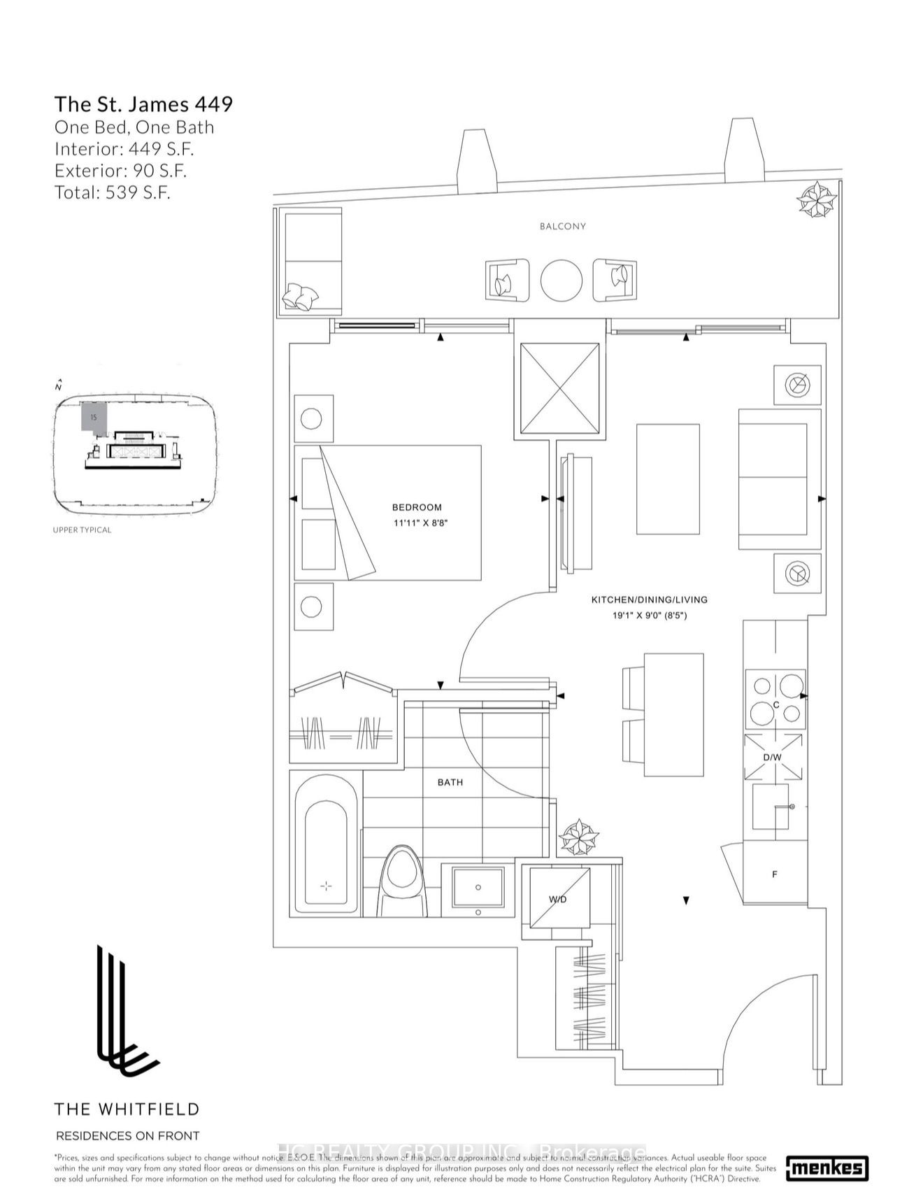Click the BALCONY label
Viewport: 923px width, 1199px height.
pyautogui.click(x=562, y=227)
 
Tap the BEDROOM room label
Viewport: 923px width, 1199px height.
pyautogui.click(x=417, y=507)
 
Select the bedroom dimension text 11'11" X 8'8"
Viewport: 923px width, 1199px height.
pyautogui.click(x=419, y=523)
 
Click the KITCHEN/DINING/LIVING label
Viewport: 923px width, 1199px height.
pyautogui.click(x=649, y=599)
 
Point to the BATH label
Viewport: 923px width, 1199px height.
pyautogui.click(x=450, y=782)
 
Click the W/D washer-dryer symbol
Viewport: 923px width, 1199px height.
pyautogui.click(x=559, y=898)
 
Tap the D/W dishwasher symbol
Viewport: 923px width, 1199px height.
pyautogui.click(x=772, y=757)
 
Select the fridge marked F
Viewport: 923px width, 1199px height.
pyautogui.click(x=774, y=874)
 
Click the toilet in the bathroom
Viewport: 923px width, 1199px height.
pyautogui.click(x=401, y=881)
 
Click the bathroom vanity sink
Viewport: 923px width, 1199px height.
pyautogui.click(x=478, y=888)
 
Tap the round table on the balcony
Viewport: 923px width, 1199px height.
pyautogui.click(x=561, y=281)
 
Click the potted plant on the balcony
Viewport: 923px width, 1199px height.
pyautogui.click(x=817, y=199)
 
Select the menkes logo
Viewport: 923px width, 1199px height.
pyautogui.click(x=827, y=1168)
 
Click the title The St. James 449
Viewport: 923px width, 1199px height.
pyautogui.click(x=143, y=104)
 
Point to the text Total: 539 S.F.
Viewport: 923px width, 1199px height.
pyautogui.click(x=112, y=192)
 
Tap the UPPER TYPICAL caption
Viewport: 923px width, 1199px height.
pyautogui.click(x=82, y=530)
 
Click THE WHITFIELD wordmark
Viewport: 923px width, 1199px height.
pyautogui.click(x=127, y=1109)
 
